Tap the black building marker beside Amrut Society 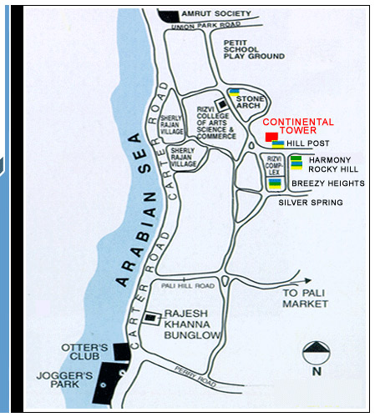click(x=169, y=15)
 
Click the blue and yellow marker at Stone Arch click(x=236, y=93)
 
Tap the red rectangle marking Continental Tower click(x=271, y=136)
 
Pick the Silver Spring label click(x=310, y=202)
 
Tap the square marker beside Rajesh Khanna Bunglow click(x=149, y=318)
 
